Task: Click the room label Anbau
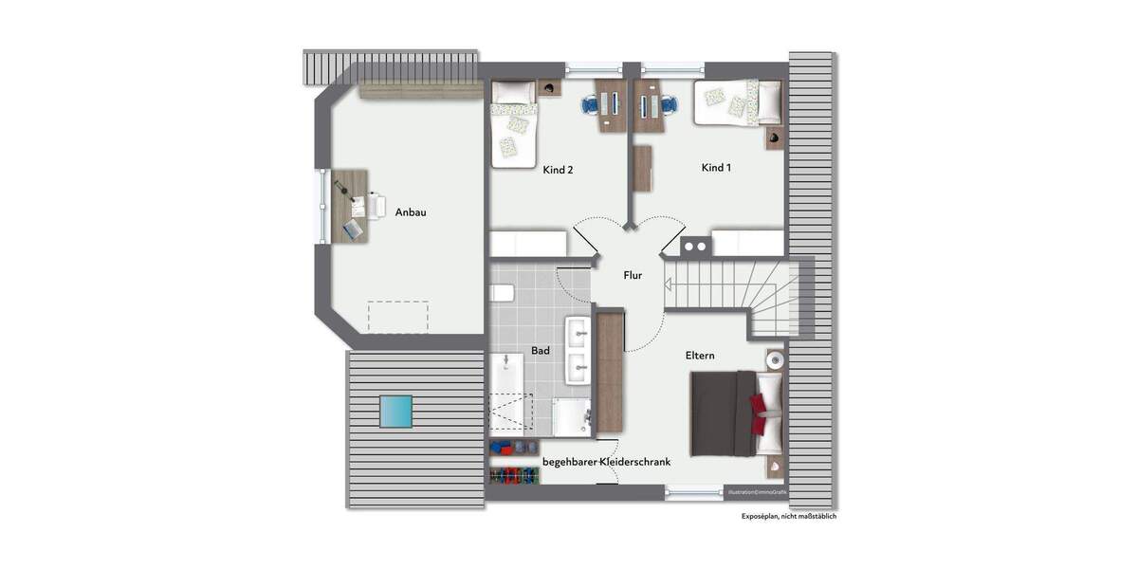tap(411, 212)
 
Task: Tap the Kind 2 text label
tap(559, 171)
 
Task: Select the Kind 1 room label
tap(717, 168)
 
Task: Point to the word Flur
tap(633, 276)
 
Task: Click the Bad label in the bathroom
tap(541, 351)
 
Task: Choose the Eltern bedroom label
tap(700, 356)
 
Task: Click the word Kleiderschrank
tap(629, 462)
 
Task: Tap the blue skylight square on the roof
tap(395, 412)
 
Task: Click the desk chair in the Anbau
tap(376, 204)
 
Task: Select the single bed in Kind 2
tap(513, 124)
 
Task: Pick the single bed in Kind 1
tap(737, 102)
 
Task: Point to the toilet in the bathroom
tap(500, 292)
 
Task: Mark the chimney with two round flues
tap(695, 247)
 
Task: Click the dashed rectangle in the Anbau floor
tap(397, 317)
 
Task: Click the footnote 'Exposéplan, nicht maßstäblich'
tap(789, 517)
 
